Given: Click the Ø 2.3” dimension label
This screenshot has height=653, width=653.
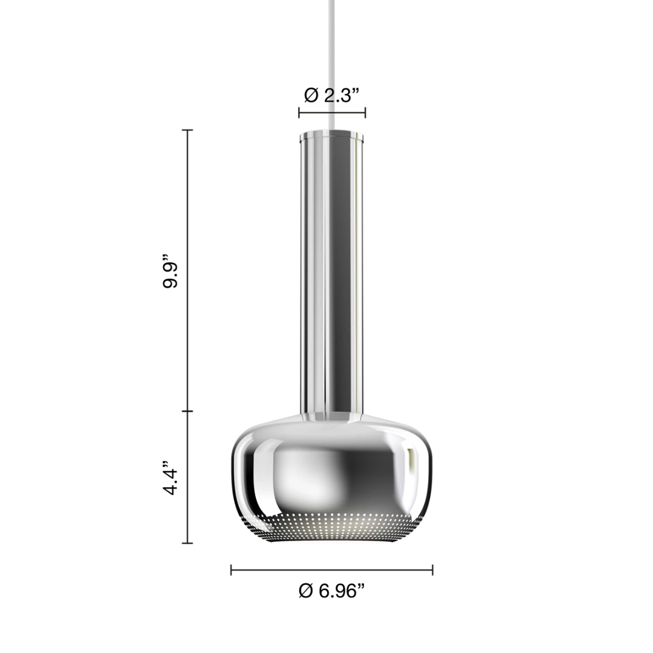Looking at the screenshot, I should click(x=332, y=95).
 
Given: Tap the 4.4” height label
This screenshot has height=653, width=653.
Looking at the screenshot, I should click(x=171, y=481).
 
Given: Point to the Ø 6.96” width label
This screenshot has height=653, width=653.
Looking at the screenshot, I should click(x=332, y=591).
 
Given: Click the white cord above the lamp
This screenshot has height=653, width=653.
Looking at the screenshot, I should click(x=331, y=60).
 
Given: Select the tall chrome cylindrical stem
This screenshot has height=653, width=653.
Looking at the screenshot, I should click(x=331, y=272).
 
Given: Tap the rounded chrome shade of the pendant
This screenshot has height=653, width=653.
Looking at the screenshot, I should click(x=331, y=472).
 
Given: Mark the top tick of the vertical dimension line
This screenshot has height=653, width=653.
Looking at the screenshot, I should click(x=187, y=130).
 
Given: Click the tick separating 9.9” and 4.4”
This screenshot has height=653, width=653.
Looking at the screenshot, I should click(x=187, y=411).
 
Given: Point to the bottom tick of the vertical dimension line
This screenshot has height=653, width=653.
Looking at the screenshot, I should click(x=187, y=543).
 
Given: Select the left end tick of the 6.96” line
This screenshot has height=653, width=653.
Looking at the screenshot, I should click(x=231, y=570).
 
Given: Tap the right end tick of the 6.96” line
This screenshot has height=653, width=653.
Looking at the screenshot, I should click(x=432, y=570).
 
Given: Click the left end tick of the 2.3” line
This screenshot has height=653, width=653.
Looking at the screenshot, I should click(x=299, y=112).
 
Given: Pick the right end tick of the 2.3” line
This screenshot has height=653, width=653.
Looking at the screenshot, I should click(x=365, y=112).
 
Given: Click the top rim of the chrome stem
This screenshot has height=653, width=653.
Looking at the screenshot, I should click(x=331, y=132).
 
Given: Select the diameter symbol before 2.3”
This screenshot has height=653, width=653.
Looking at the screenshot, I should click(x=311, y=95).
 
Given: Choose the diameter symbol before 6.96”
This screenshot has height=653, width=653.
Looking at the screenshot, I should click(x=306, y=591).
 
